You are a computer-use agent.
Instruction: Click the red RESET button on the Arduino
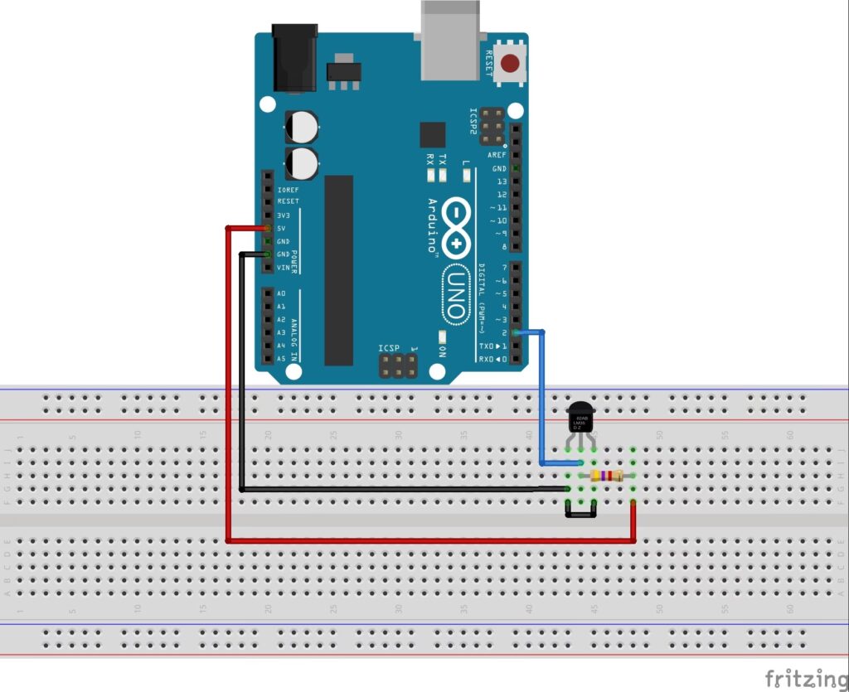(x=512, y=62)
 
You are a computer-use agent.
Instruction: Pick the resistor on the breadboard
(x=608, y=476)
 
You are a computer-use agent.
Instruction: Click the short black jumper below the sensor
(x=581, y=513)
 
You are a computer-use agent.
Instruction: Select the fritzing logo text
(x=801, y=678)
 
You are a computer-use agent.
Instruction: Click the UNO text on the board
(x=455, y=293)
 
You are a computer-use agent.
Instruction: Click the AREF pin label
(x=497, y=155)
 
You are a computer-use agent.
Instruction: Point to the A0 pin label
(x=281, y=293)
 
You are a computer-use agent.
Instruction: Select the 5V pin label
(x=282, y=228)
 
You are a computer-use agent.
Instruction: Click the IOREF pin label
(x=288, y=189)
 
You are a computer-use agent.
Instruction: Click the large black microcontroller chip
(x=338, y=270)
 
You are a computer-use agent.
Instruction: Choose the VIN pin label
(x=284, y=267)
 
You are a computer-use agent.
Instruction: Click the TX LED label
(x=443, y=157)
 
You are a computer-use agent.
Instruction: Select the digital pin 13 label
(x=501, y=181)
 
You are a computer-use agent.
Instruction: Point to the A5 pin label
(x=281, y=359)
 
